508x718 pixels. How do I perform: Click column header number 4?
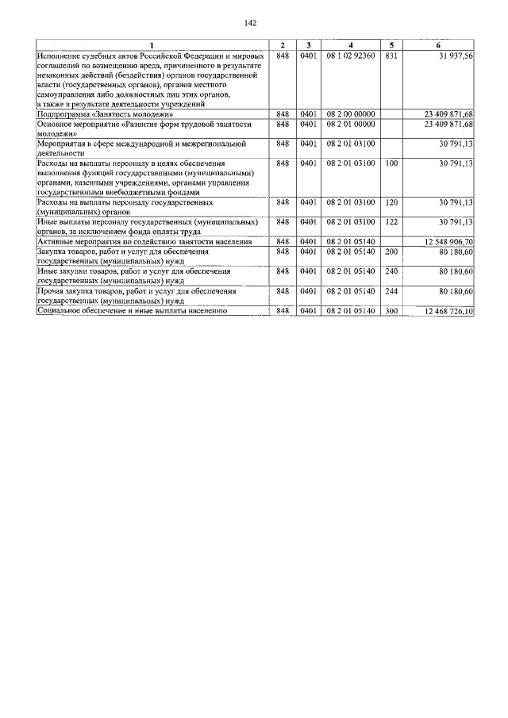click(350, 44)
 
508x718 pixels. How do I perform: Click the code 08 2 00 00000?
click(350, 114)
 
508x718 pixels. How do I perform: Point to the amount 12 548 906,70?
click(449, 242)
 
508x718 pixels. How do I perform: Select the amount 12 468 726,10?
click(449, 311)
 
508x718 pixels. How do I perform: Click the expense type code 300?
click(391, 311)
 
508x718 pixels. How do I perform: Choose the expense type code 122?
click(391, 222)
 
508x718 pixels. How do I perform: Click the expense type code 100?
click(391, 163)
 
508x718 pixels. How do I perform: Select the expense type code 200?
click(391, 251)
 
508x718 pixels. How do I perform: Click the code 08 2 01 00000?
click(350, 124)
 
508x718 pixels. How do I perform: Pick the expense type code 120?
click(391, 202)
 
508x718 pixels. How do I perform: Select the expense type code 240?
click(391, 271)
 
